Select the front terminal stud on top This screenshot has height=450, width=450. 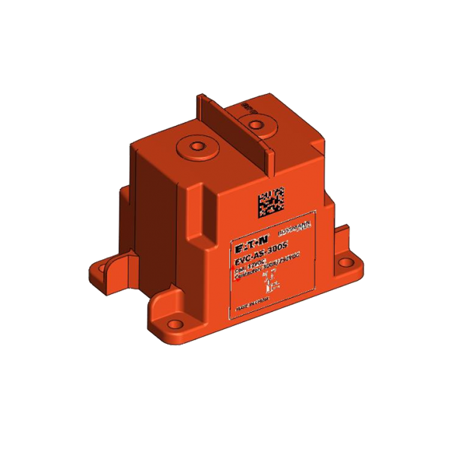192,145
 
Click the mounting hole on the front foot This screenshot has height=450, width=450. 175,324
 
